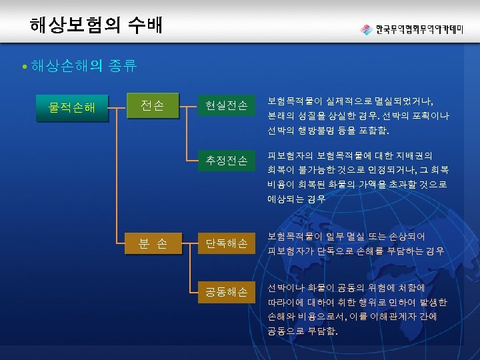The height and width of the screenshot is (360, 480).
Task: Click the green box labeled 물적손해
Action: (72, 106)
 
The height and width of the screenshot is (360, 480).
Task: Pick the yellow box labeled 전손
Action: (153, 105)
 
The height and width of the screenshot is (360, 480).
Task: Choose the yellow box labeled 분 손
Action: (153, 245)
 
